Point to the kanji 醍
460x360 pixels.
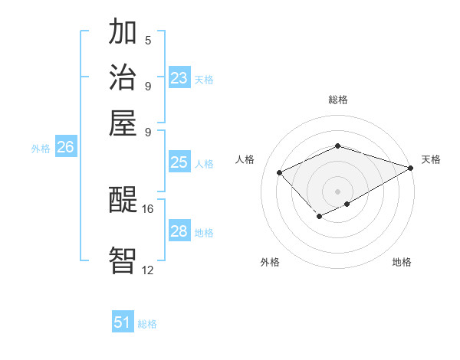coord(123,201)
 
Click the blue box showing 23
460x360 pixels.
coord(179,78)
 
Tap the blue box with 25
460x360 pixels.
coord(179,162)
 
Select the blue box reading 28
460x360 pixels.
coord(179,231)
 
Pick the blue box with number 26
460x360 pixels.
coord(65,148)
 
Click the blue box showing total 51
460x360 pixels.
coord(123,322)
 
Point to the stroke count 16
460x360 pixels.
coord(147,208)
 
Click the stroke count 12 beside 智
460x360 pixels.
coord(147,270)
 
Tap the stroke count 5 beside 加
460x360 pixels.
coord(148,41)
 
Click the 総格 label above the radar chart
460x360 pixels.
coord(338,100)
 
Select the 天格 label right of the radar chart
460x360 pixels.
coord(431,159)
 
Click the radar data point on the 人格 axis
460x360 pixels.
coord(280,172)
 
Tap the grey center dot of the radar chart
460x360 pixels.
coord(338,191)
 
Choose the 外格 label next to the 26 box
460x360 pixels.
coord(40,149)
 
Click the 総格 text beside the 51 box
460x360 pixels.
coord(147,324)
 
